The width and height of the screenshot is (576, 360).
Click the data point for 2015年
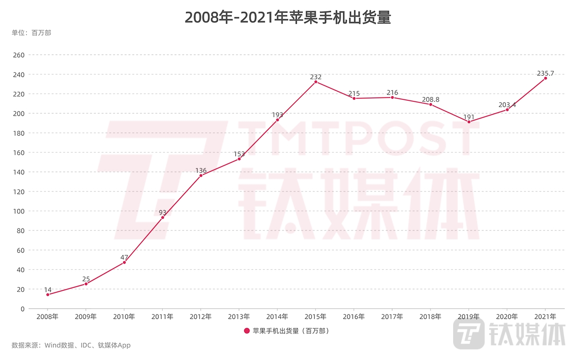[316, 82]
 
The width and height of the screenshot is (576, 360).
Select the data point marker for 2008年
[48, 295]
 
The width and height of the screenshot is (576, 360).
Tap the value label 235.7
[545, 73]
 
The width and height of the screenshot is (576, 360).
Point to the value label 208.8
[431, 100]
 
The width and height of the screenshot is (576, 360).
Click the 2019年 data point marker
[469, 122]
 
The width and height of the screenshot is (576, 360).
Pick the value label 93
[163, 212]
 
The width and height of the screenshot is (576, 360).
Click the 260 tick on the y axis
[19, 55]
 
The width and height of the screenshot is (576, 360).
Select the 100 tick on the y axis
[19, 211]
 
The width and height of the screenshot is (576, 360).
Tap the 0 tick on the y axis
[22, 309]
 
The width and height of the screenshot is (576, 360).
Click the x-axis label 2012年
[201, 317]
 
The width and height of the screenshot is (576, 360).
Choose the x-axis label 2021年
[545, 317]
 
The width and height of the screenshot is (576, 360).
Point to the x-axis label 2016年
[354, 317]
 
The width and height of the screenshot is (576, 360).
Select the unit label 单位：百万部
[31, 33]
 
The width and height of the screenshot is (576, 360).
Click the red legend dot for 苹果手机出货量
[247, 331]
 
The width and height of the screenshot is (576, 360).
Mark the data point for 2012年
[201, 176]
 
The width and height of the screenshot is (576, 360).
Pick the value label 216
[392, 93]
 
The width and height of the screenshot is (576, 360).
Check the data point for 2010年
[124, 263]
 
